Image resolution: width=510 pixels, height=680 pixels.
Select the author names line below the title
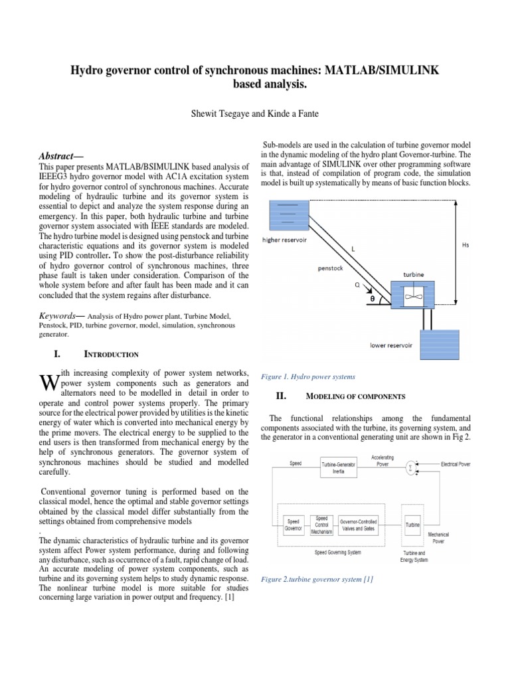pos(255,114)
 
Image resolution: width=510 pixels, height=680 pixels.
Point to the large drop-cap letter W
pos(49,382)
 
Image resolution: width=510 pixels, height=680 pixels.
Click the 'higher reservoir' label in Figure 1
pos(285,240)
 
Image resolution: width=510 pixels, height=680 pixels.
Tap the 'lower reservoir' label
pos(392,345)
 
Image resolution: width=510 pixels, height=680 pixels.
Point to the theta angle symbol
pos(372,299)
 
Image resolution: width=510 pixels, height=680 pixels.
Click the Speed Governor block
pos(293,525)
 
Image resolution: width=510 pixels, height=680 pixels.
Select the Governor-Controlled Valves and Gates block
pos(359,525)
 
